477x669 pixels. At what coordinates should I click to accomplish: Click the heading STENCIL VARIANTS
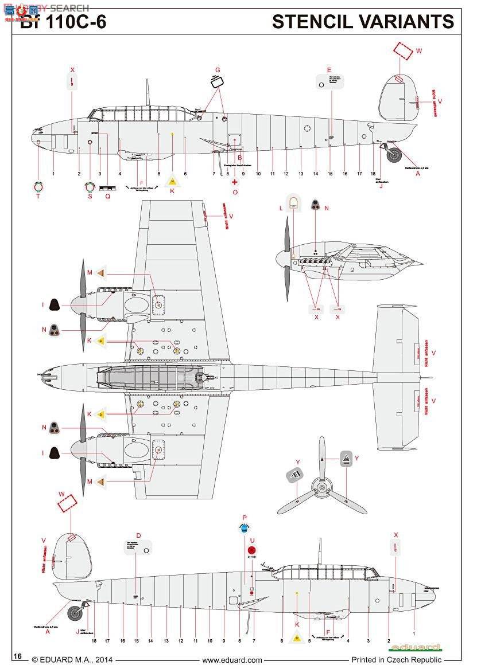363,22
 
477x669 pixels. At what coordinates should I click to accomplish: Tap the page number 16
17,656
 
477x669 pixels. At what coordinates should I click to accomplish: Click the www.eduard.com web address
232,660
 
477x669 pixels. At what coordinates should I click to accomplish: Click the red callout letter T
38,196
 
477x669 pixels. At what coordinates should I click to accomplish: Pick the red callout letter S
90,196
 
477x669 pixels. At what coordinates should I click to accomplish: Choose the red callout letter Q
107,196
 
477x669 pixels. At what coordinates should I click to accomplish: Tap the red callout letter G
218,70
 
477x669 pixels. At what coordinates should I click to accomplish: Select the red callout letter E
329,71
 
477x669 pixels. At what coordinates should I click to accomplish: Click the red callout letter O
235,192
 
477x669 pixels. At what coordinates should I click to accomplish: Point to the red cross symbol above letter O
234,182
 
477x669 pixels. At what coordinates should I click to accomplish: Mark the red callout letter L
281,208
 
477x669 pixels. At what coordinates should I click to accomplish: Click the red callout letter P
245,517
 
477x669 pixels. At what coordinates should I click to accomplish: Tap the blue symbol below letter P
245,529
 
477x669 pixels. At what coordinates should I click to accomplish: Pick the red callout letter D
138,535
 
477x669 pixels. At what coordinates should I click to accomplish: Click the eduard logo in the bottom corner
414,648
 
